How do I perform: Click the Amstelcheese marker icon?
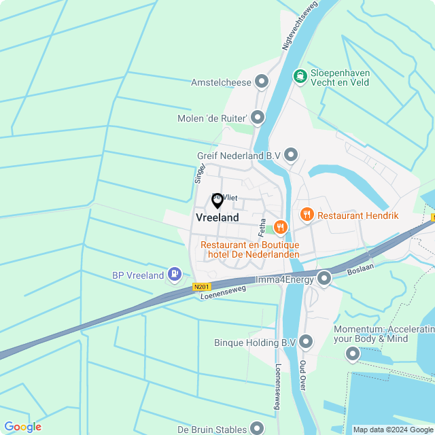(262, 83)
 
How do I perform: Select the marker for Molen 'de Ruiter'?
(257, 118)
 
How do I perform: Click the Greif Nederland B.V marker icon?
(291, 156)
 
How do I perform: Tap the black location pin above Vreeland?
(217, 201)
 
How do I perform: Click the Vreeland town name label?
(217, 217)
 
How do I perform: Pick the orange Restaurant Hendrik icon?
(307, 215)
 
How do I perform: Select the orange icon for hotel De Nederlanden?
(279, 226)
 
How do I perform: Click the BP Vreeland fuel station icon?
(175, 275)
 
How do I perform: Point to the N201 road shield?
(202, 287)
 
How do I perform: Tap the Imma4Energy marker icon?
(324, 277)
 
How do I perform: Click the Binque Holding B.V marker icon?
(306, 343)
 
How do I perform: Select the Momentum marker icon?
(352, 353)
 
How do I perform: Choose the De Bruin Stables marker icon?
(256, 428)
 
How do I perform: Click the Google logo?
(22, 427)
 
